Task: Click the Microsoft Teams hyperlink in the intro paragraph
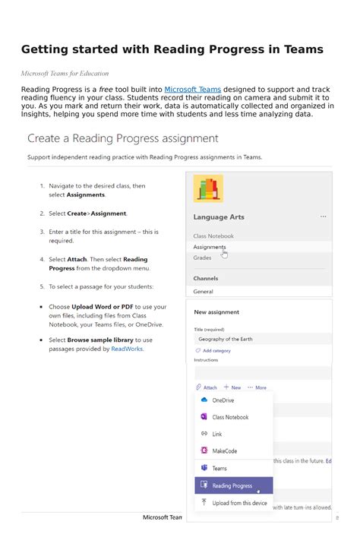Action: (192, 89)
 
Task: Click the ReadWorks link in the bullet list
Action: (127, 349)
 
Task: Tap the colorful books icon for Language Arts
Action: (208, 188)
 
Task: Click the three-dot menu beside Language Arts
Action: (324, 217)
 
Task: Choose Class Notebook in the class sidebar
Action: (213, 236)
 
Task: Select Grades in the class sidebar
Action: (202, 258)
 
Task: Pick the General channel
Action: (203, 292)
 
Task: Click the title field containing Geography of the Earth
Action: (258, 339)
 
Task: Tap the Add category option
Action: (216, 351)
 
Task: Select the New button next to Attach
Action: (232, 387)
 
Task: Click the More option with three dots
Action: (257, 387)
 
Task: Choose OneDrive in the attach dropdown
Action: (223, 400)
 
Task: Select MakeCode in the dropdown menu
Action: (224, 451)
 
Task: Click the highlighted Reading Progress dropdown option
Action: (232, 486)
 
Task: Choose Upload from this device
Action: (239, 503)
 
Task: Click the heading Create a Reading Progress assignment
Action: (123, 139)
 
